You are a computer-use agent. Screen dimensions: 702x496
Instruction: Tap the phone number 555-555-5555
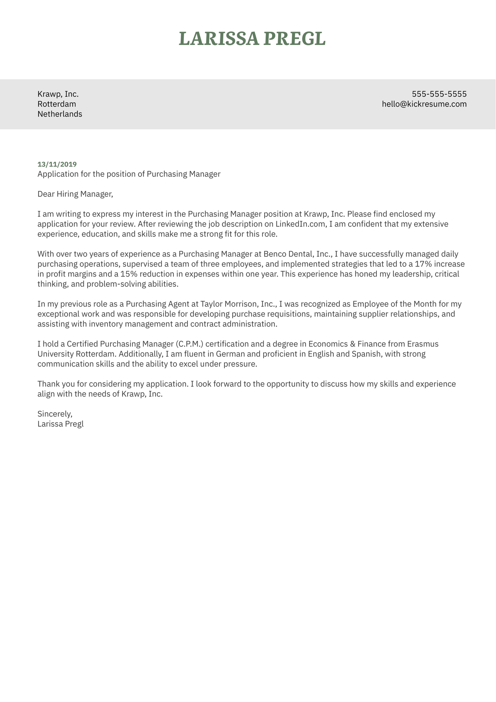pyautogui.click(x=439, y=94)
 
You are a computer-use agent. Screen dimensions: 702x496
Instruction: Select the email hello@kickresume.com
pyautogui.click(x=424, y=104)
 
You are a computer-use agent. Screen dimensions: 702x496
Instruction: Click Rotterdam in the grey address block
pyautogui.click(x=56, y=104)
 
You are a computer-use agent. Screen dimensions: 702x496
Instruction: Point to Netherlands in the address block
pyautogui.click(x=59, y=114)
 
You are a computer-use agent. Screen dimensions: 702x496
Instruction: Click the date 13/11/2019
pyautogui.click(x=57, y=164)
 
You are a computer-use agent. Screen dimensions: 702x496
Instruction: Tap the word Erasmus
pyautogui.click(x=422, y=344)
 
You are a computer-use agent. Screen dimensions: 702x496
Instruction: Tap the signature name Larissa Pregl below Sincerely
pyautogui.click(x=60, y=424)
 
